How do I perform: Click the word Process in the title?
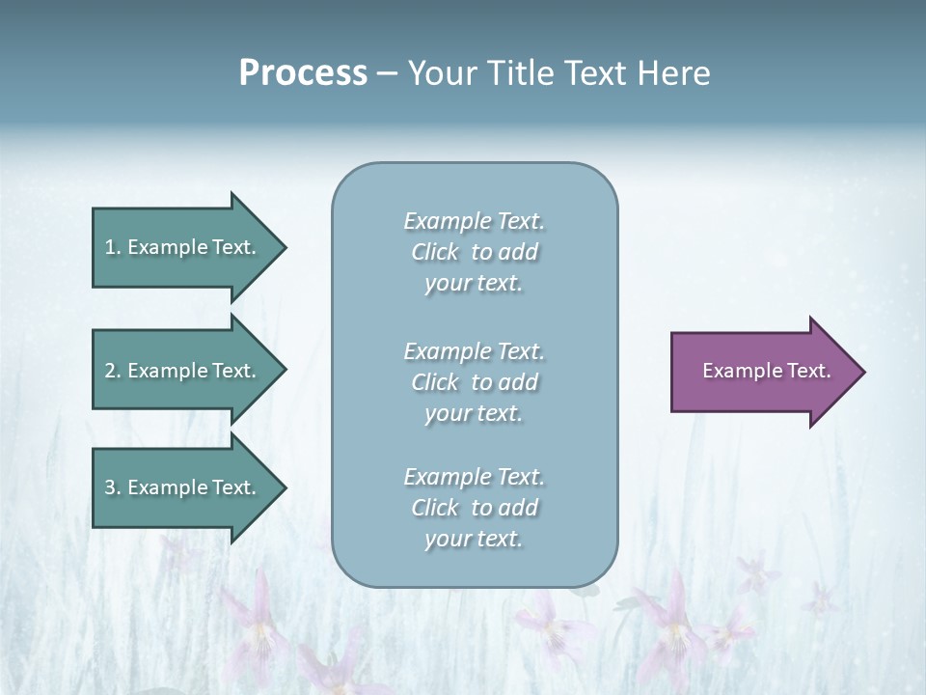[303, 73]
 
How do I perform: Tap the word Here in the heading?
[673, 73]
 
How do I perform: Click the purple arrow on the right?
[762, 372]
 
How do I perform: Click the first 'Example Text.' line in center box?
[474, 221]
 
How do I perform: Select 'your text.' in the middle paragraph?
[474, 413]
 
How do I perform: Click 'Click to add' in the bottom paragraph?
[474, 508]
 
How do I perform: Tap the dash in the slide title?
[387, 73]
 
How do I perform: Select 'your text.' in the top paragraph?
[474, 284]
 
